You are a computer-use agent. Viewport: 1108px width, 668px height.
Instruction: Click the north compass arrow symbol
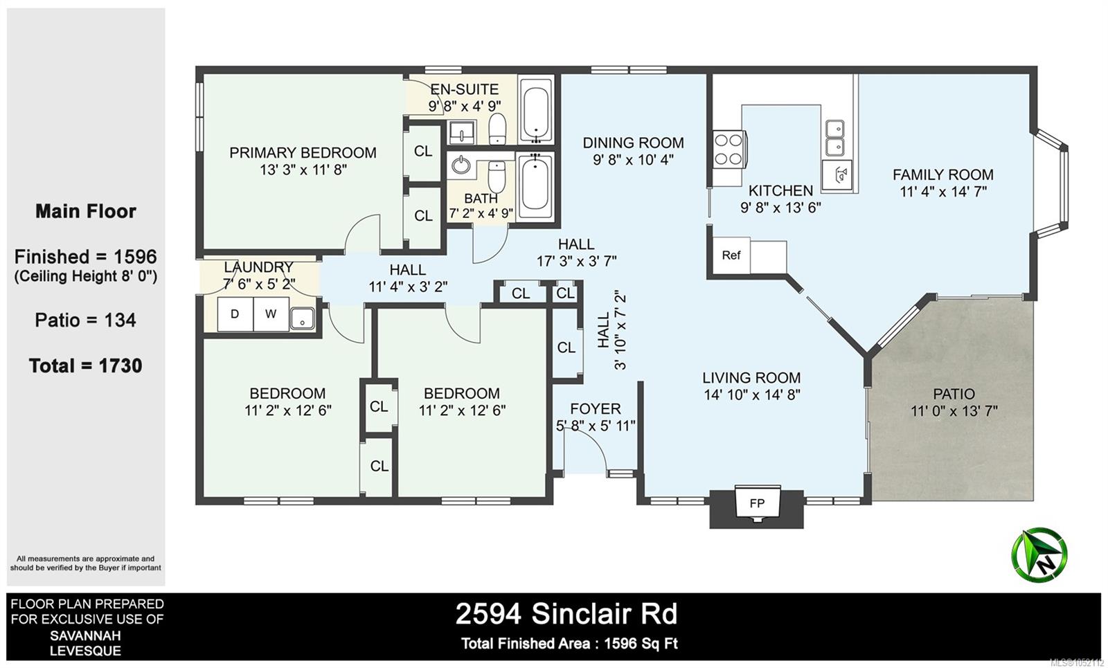(1039, 554)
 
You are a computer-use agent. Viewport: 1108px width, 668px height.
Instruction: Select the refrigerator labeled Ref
(731, 255)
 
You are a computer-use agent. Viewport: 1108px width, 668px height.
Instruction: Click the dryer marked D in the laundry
(235, 314)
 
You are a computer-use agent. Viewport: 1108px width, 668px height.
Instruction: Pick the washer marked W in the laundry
(271, 314)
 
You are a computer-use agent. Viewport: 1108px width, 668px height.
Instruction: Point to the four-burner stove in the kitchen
(729, 150)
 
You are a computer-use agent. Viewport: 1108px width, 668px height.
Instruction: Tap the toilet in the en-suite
(497, 129)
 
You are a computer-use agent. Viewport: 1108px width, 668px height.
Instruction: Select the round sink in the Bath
(461, 165)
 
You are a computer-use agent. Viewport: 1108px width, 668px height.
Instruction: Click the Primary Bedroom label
(303, 153)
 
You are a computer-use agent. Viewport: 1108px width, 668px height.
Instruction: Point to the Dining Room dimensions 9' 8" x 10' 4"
(633, 160)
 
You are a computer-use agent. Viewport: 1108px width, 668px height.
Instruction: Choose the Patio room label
(954, 394)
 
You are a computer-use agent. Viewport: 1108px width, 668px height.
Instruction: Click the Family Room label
(942, 174)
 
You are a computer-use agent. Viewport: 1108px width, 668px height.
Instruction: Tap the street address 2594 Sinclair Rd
(566, 614)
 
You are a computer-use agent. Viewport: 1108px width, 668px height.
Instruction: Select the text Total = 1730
(86, 366)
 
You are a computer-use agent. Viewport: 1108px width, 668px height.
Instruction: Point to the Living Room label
(751, 378)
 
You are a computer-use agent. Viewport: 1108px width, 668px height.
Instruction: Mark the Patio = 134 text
(85, 321)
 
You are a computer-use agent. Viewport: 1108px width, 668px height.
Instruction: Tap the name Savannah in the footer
(85, 635)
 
